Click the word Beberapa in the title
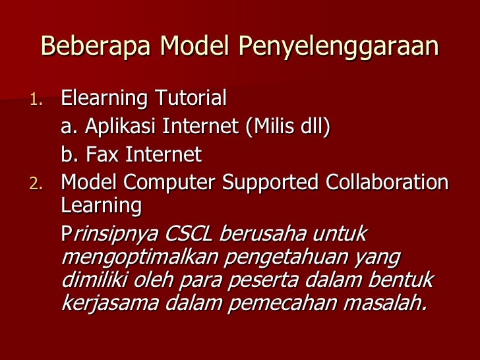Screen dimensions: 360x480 tap(97, 47)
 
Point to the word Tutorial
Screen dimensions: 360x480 tap(191, 99)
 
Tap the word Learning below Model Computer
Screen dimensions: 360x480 tap(101, 206)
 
